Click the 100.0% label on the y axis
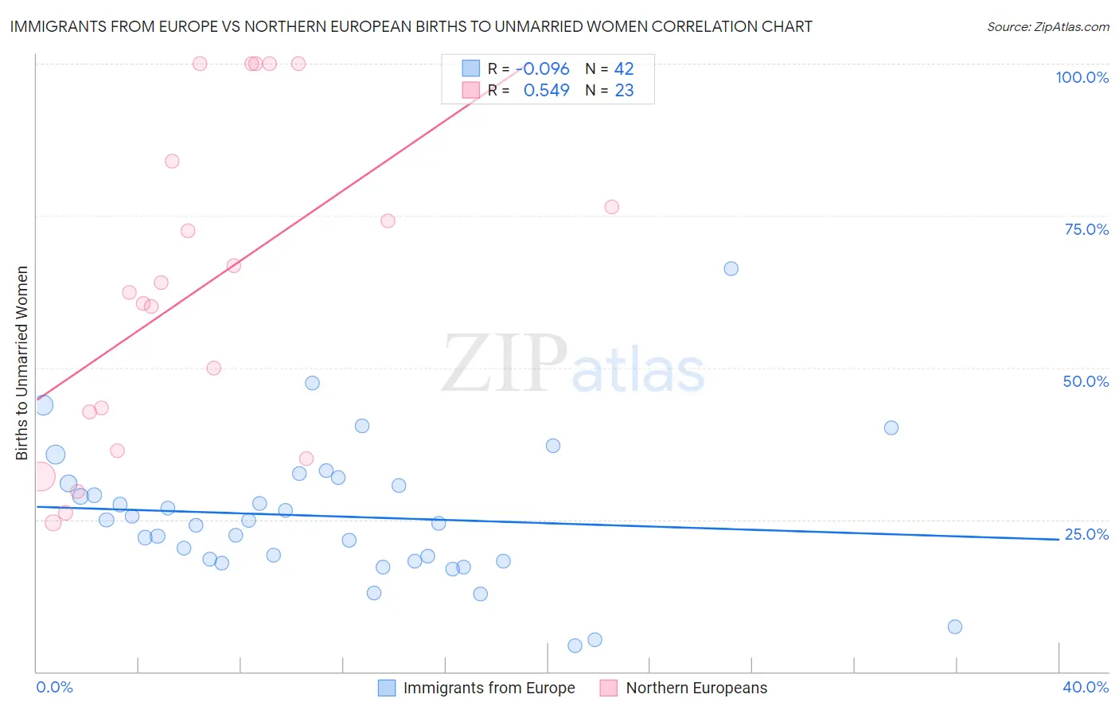1082,77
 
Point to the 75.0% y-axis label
1086,229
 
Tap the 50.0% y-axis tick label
1086,381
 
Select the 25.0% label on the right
1086,534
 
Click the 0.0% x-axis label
54,687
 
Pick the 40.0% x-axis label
1085,687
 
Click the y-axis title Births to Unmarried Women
21,363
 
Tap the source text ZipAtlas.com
1047,27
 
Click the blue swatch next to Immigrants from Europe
387,688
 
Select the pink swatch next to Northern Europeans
609,688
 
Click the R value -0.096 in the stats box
545,69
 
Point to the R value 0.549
546,91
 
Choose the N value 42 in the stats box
624,69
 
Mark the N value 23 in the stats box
624,91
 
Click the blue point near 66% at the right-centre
731,268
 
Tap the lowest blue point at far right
955,626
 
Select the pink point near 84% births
172,161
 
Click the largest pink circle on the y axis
41,478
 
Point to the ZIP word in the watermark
505,363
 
